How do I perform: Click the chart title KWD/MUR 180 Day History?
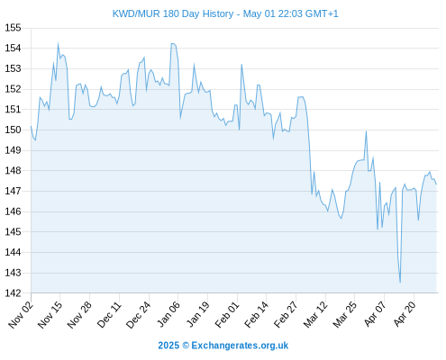click(x=173, y=13)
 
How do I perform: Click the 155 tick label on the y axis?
click(x=13, y=28)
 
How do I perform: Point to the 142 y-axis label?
click(x=13, y=293)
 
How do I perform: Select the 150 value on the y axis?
click(x=13, y=130)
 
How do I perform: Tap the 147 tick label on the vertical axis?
click(x=13, y=191)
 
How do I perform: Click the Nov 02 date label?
click(x=21, y=314)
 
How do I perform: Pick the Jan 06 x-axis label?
click(x=168, y=314)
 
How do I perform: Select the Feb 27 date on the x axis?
click(x=286, y=314)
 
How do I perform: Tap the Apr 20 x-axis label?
click(x=405, y=314)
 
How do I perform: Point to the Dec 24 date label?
click(x=139, y=314)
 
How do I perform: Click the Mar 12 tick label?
click(x=315, y=314)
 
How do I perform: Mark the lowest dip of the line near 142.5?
click(x=400, y=283)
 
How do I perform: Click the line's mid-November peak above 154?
click(x=58, y=43)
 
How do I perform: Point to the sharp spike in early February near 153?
click(x=241, y=64)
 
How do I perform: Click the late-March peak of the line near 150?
click(x=366, y=131)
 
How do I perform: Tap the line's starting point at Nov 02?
click(x=31, y=126)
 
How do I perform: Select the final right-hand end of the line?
click(x=436, y=184)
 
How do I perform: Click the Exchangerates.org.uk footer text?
click(x=240, y=346)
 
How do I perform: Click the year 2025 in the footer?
click(x=168, y=346)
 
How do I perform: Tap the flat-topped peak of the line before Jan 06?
click(x=173, y=44)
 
